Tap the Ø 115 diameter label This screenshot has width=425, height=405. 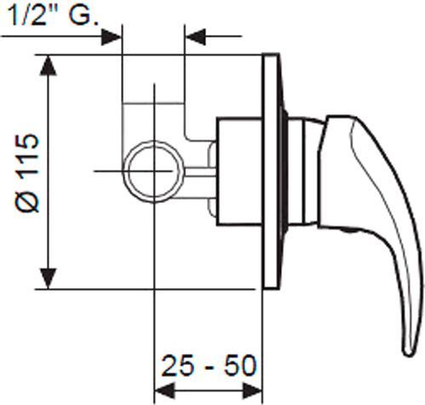tap(27, 173)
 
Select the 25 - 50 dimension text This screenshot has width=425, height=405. tap(209, 366)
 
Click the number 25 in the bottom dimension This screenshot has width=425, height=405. tap(177, 366)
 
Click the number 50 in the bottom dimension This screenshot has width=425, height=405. tap(241, 366)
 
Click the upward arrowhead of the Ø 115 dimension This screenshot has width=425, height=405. tap(49, 66)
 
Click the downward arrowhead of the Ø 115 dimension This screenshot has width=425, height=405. tap(49, 279)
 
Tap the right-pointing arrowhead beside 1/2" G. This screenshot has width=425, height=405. tap(112, 37)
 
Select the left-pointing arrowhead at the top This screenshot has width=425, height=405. tap(195, 37)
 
